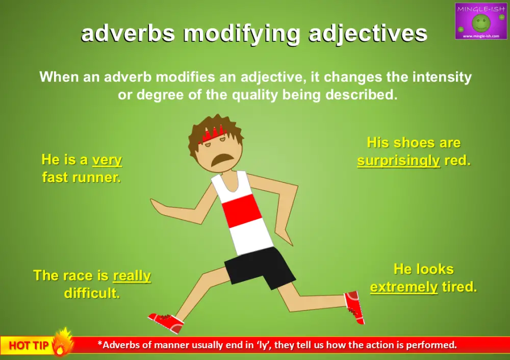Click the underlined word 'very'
coord(107,160)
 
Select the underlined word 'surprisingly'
coord(398,161)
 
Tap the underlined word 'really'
coord(132,276)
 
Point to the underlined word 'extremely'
coord(403,287)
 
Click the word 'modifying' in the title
coord(244,34)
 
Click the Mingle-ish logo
coord(480,21)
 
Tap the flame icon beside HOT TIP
coord(63,342)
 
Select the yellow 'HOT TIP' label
coord(29,345)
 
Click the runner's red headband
coord(212,134)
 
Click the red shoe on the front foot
coord(166,322)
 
